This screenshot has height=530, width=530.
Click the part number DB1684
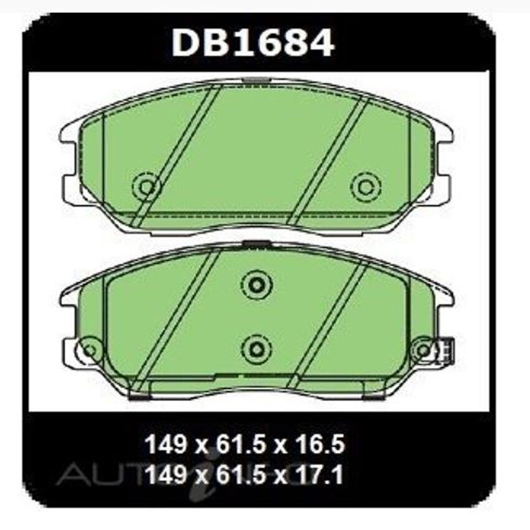[253, 43]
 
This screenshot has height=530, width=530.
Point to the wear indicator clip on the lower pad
[446, 349]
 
